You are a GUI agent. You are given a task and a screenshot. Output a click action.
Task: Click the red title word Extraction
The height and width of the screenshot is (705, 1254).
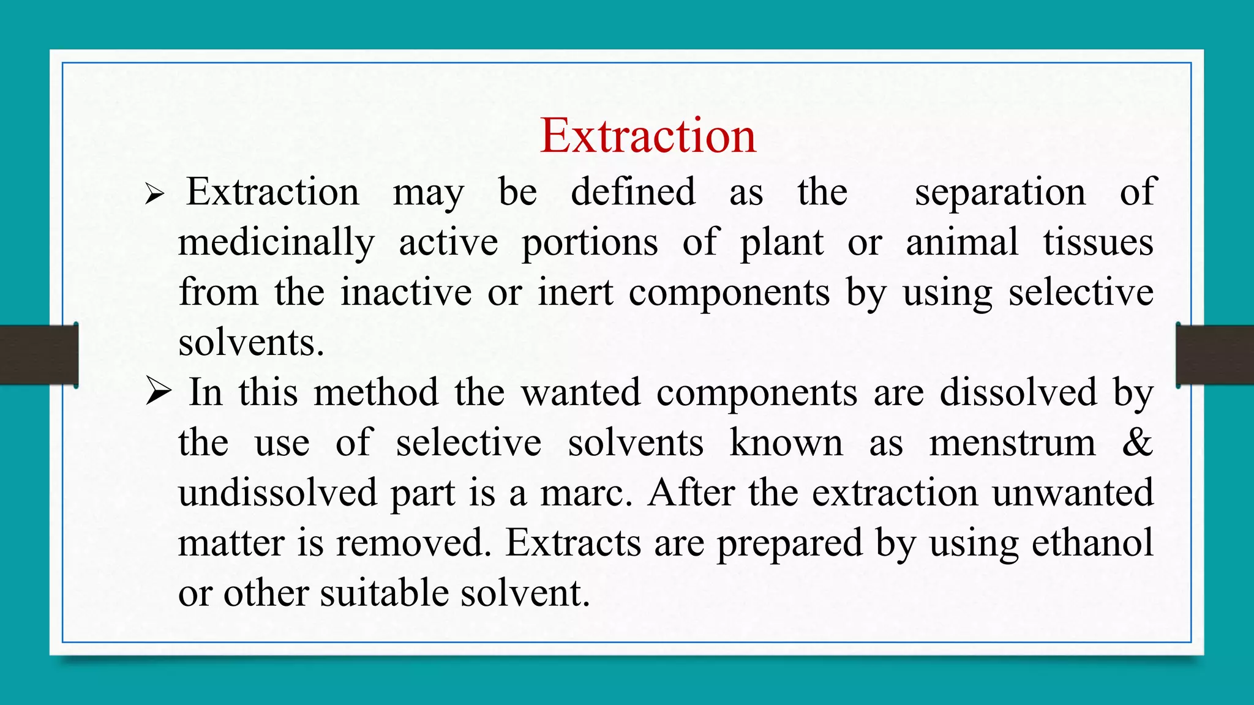point(648,135)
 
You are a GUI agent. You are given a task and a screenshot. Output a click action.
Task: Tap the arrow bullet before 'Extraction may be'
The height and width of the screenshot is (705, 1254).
point(155,195)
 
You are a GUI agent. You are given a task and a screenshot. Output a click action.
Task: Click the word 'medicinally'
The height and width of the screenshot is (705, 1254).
point(276,243)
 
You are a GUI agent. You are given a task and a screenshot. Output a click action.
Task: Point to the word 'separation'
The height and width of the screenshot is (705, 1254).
point(1000,193)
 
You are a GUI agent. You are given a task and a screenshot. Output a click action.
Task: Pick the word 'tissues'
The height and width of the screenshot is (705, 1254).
point(1098,242)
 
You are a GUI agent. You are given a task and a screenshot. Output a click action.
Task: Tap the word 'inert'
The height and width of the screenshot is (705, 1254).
point(576,293)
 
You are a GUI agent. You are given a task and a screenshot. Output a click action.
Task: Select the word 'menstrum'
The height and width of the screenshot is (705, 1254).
point(1012,442)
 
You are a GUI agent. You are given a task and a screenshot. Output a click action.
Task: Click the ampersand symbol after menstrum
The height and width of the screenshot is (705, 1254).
point(1138,442)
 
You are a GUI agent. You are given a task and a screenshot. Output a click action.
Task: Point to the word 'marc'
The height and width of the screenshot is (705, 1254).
point(584,493)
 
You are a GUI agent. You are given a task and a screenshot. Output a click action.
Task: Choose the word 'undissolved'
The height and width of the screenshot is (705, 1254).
point(277,493)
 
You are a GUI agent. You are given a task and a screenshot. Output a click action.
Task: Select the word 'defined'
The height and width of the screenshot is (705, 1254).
point(633,193)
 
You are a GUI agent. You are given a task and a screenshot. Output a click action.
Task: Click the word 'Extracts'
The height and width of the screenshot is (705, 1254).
point(573,543)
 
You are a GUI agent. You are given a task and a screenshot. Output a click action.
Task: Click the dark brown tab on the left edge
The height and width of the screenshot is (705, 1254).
point(39,355)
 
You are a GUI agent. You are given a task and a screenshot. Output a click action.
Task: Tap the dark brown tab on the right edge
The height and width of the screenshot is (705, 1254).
point(1215,355)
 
